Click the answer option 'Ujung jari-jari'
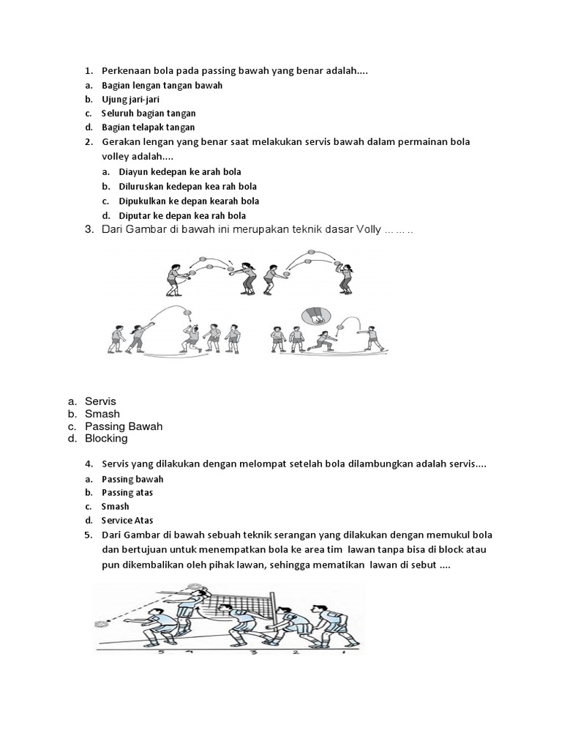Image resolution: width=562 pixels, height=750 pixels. click(x=128, y=100)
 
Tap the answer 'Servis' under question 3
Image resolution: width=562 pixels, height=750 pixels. click(x=100, y=401)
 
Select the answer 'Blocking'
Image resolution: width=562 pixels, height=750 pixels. click(x=106, y=439)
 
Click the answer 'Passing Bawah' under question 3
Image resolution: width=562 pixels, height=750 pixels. click(x=123, y=426)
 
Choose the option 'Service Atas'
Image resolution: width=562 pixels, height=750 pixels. click(x=127, y=520)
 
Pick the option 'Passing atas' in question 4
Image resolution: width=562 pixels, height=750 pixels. click(x=127, y=492)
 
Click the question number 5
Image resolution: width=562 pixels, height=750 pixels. click(x=88, y=535)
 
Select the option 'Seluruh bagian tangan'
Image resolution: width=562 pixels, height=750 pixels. click(x=149, y=114)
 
